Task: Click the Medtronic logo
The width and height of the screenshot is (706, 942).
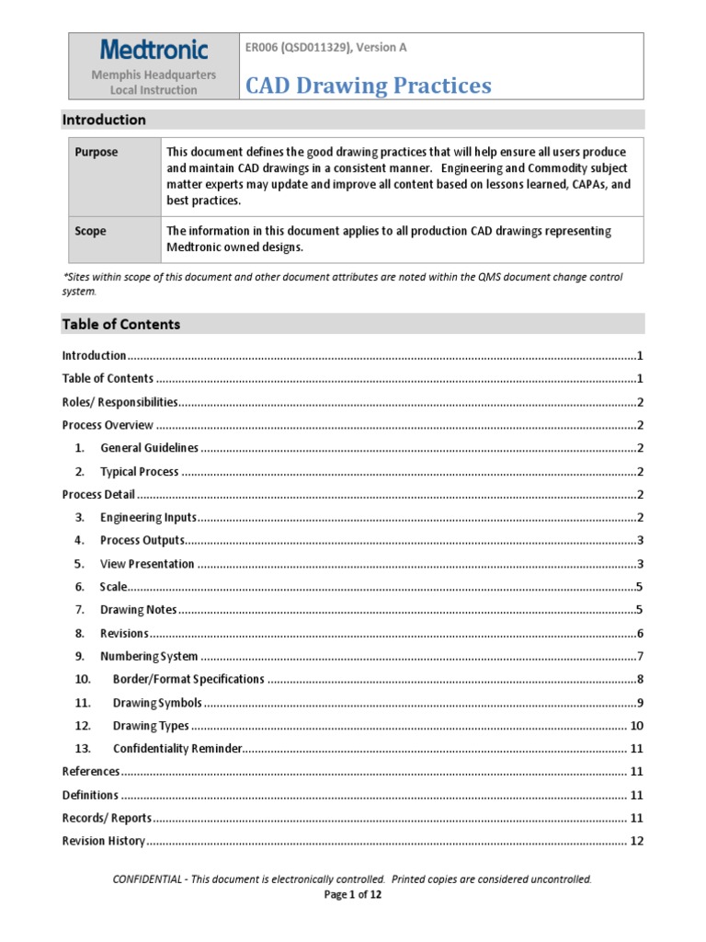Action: tap(154, 50)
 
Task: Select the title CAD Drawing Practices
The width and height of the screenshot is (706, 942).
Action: tap(369, 86)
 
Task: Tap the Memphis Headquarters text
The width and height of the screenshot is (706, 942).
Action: tap(154, 74)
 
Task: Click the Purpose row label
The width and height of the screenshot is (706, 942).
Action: tap(97, 152)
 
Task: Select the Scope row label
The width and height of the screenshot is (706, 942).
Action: tap(90, 231)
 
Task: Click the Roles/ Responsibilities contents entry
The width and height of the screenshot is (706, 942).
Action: tap(120, 402)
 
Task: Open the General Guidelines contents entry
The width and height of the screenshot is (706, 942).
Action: tap(149, 448)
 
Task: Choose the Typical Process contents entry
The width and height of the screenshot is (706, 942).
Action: tap(139, 471)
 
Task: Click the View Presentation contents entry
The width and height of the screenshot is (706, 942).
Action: tap(147, 564)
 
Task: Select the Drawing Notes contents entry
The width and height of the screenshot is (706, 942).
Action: tap(138, 610)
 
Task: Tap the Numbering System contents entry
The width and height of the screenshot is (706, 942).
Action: tap(149, 656)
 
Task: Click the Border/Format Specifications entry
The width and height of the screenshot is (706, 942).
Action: tap(188, 679)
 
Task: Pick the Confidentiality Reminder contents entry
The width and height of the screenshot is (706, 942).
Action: tap(177, 749)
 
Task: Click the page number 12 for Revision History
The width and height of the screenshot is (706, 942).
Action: tap(636, 841)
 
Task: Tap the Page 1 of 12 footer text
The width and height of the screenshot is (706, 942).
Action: tap(353, 894)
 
